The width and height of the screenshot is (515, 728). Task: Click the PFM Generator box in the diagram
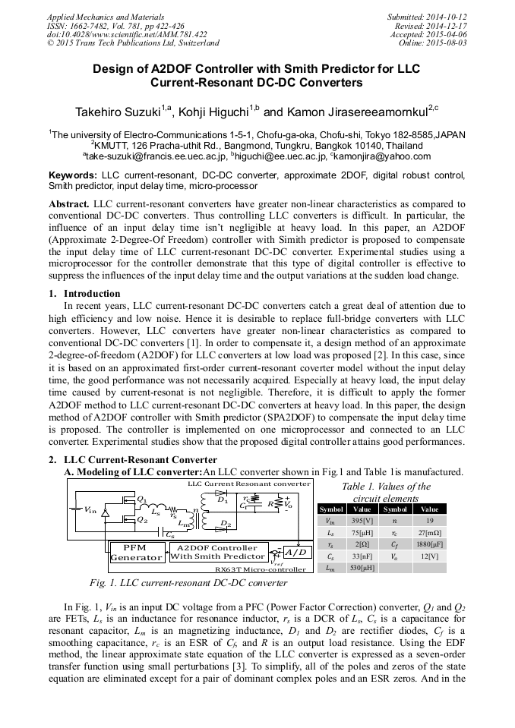tap(137, 552)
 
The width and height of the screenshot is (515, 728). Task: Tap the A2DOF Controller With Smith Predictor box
tap(217, 552)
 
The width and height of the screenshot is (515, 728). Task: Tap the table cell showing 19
tap(429, 522)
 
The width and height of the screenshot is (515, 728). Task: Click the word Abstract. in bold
tap(69, 205)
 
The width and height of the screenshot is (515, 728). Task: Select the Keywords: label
tap(74, 175)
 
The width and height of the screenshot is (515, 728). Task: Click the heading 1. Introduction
tap(84, 294)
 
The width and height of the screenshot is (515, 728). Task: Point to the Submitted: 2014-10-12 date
tap(426, 17)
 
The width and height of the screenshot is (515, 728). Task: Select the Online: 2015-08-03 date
tap(434, 43)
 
